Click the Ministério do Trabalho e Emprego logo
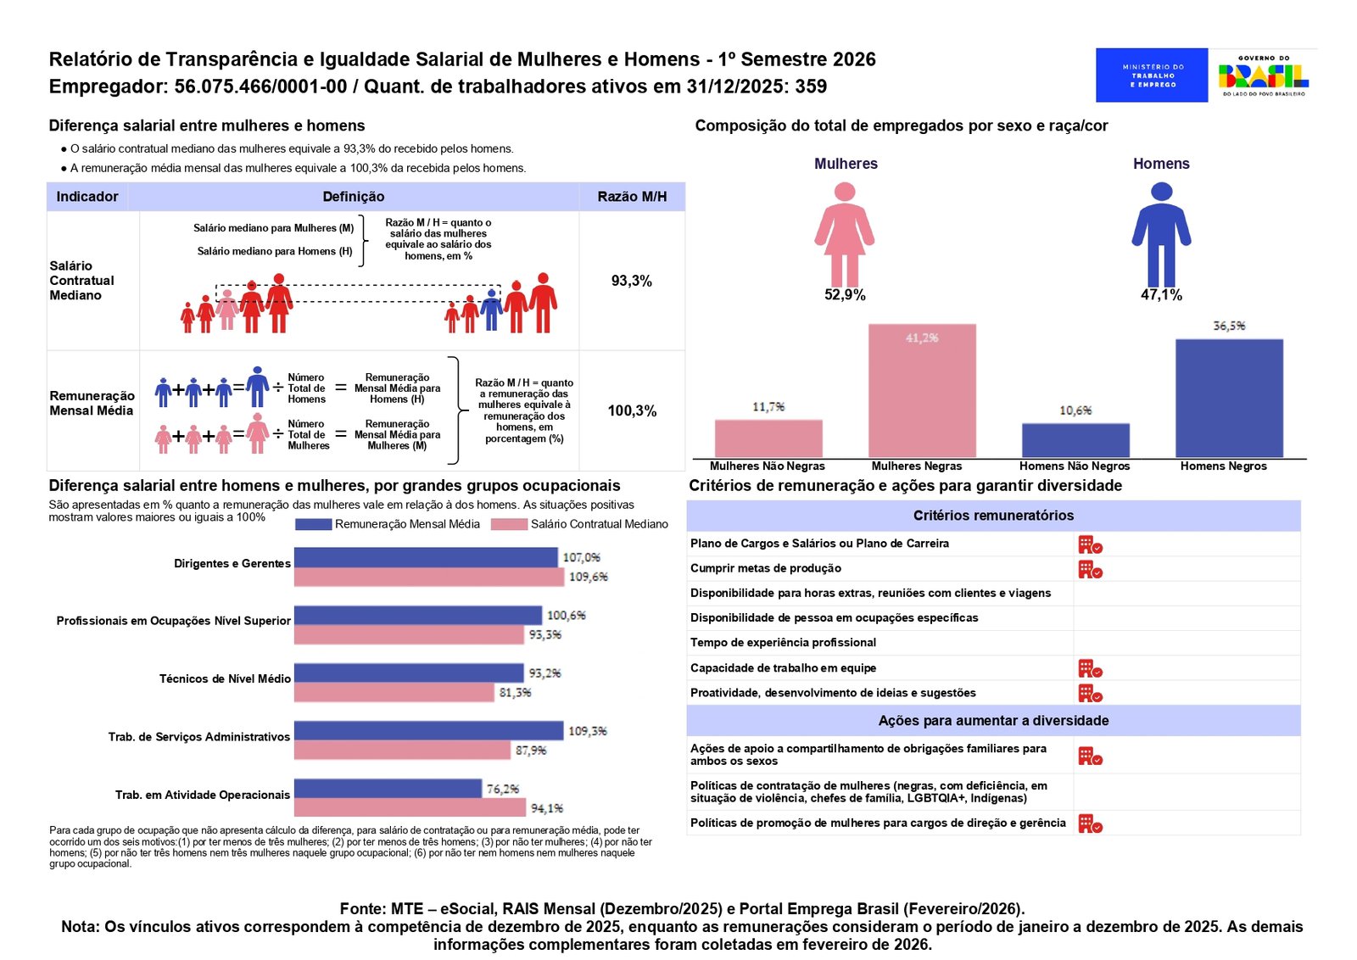point(1152,75)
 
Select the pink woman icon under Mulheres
point(845,234)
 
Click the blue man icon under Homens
point(1161,234)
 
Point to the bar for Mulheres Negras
point(922,391)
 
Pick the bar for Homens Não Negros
point(1076,440)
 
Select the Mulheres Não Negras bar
point(768,438)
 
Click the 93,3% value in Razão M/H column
point(631,281)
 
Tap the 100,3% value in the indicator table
point(632,411)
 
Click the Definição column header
point(353,197)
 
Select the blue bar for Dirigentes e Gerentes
point(426,557)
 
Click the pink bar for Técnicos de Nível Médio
point(394,692)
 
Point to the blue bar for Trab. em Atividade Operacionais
point(388,789)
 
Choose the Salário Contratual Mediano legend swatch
point(509,524)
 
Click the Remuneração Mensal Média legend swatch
point(313,524)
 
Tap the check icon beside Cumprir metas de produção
point(1090,569)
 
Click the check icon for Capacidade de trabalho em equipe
point(1090,668)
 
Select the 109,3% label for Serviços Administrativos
point(588,731)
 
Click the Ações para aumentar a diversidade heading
point(993,721)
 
